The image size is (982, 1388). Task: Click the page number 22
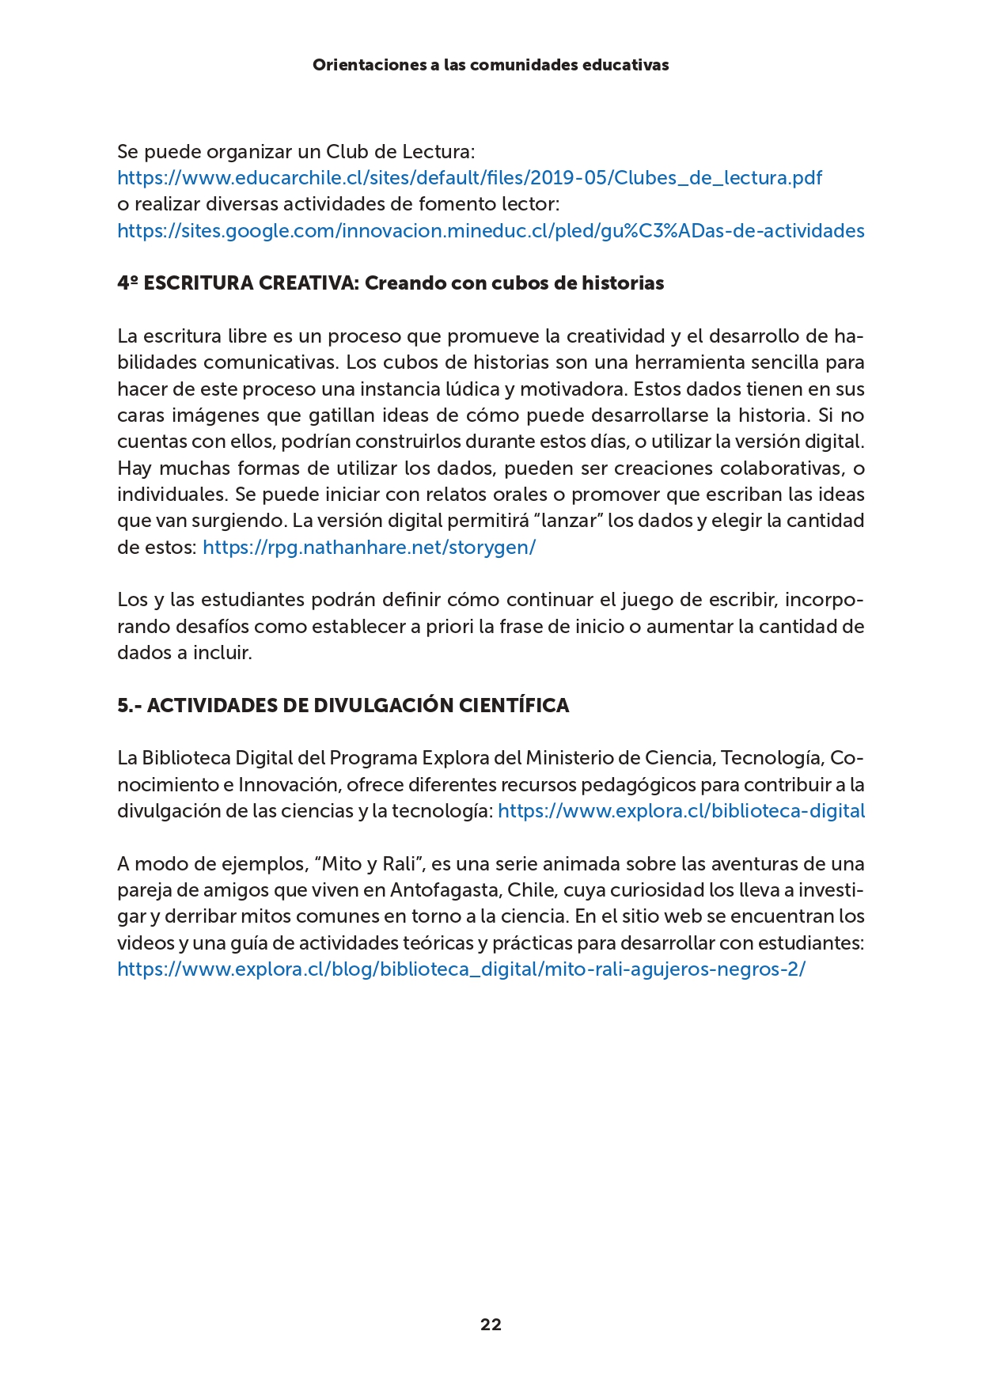click(x=491, y=1325)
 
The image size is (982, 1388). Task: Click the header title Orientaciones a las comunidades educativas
click(x=491, y=65)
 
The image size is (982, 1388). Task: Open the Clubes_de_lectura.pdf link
click(x=469, y=178)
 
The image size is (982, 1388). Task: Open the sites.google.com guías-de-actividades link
click(x=491, y=231)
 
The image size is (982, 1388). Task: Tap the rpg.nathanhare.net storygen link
click(x=369, y=548)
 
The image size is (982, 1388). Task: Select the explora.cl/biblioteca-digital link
click(x=681, y=811)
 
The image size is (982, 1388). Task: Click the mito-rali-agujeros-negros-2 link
click(x=461, y=969)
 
